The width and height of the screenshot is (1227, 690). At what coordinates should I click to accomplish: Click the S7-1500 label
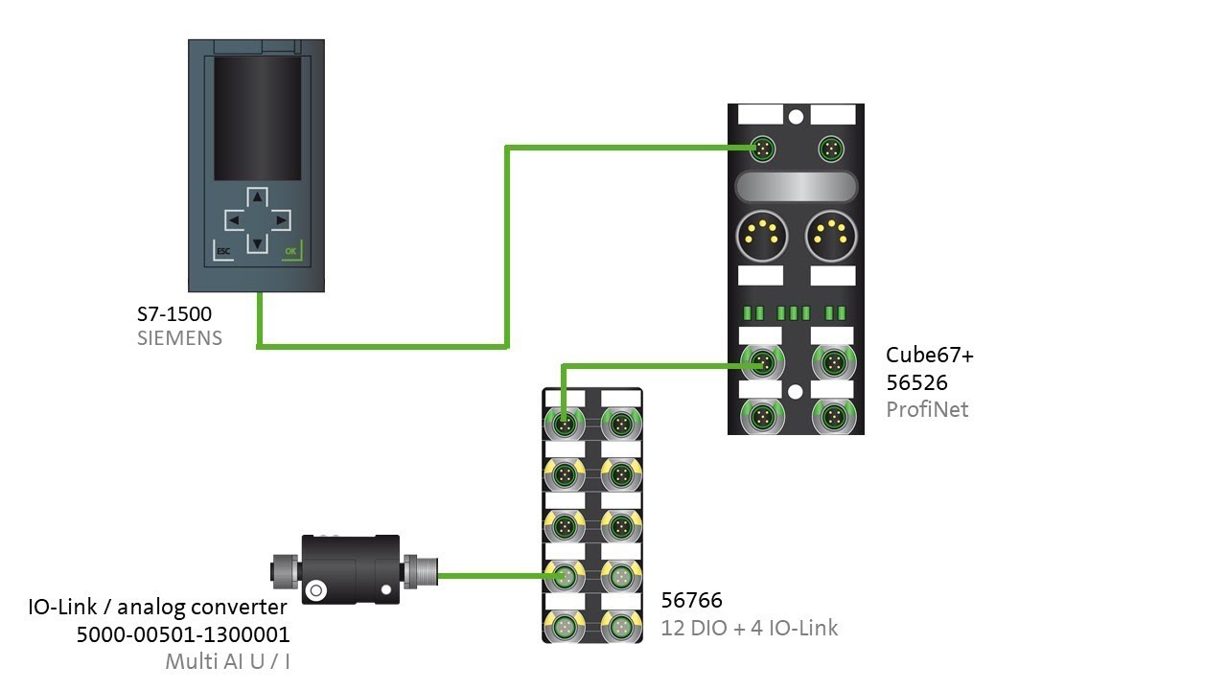tap(174, 313)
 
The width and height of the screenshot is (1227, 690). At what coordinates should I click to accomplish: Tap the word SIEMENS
tap(179, 338)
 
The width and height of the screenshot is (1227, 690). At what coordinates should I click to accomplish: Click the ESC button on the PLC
tap(223, 252)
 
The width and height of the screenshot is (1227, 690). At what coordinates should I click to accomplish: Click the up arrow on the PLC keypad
tap(256, 197)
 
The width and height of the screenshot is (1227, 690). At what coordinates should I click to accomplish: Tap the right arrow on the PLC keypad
tap(280, 220)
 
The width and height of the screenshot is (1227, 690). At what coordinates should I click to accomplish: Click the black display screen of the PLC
tap(256, 118)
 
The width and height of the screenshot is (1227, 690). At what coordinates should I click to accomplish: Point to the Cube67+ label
tap(929, 356)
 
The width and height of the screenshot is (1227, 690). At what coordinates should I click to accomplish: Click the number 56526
tap(916, 382)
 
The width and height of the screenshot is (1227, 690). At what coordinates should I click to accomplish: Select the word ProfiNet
tap(927, 409)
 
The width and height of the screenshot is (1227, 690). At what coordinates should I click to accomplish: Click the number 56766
tap(691, 601)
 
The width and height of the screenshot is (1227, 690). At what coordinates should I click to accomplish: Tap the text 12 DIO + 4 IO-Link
tap(749, 629)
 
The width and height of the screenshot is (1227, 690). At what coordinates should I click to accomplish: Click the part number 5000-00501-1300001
tap(182, 634)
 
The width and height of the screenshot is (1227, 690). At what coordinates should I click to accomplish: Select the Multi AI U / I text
tap(226, 661)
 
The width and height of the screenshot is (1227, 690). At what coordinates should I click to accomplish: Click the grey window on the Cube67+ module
tap(795, 186)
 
